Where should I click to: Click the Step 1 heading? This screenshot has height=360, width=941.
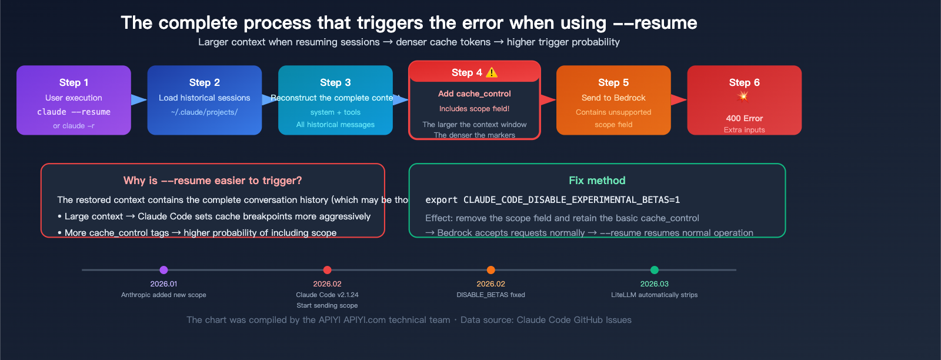74,82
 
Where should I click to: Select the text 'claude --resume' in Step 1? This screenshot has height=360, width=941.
74,112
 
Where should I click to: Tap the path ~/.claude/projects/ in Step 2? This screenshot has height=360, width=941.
204,112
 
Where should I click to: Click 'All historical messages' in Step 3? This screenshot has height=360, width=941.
335,125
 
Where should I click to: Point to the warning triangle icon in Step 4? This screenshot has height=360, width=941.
492,72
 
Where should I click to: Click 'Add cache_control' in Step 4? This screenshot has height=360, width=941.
474,94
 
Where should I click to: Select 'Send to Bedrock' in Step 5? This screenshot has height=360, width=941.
613,98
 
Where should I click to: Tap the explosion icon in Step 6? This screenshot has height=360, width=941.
743,96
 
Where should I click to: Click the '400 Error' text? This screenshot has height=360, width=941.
744,118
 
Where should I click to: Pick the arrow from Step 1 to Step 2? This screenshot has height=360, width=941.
139,100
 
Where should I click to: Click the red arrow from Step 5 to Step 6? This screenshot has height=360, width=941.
679,100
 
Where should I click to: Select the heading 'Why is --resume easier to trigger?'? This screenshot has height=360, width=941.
212,181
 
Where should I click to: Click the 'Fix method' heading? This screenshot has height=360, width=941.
597,181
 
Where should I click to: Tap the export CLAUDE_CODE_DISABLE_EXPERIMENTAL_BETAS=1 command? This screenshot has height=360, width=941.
552,200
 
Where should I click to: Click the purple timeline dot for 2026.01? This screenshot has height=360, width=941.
163,270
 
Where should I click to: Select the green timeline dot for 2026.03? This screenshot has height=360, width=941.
654,270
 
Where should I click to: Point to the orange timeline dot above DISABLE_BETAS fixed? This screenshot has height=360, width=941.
490,270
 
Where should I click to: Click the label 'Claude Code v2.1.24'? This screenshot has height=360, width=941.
327,295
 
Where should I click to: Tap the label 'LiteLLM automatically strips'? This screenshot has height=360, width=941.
654,295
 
